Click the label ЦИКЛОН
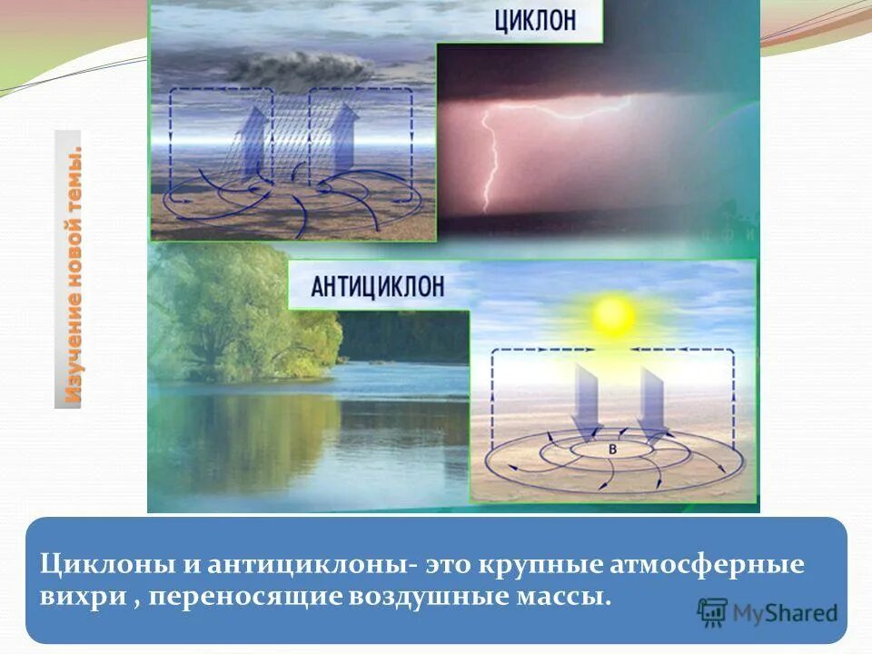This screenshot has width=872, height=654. pyautogui.click(x=535, y=22)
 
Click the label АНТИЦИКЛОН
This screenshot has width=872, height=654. pyautogui.click(x=378, y=287)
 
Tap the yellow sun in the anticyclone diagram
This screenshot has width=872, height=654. pyautogui.click(x=615, y=315)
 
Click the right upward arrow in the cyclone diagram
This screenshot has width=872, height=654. pyautogui.click(x=344, y=136)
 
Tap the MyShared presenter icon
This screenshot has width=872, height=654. pyautogui.click(x=714, y=613)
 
